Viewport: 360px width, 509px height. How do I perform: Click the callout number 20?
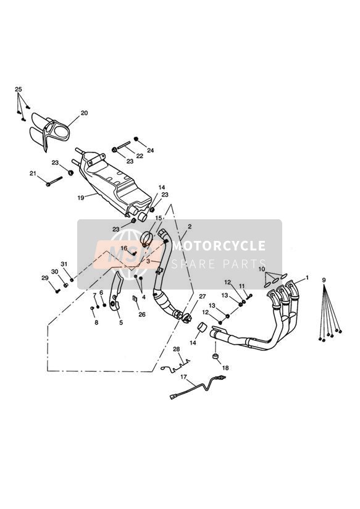84,113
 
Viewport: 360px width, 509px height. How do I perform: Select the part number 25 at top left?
19,90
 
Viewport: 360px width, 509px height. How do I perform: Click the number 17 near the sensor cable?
183,376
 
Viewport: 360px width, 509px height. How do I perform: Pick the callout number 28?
177,349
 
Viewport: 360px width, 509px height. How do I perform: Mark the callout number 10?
262,270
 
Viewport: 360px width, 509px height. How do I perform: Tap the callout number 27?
202,297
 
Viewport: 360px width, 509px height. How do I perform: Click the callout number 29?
44,278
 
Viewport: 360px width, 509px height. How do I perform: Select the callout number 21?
33,174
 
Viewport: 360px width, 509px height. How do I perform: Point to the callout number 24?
150,151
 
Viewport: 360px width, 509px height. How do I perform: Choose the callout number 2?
190,227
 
